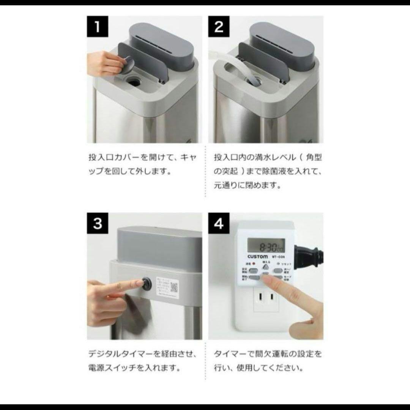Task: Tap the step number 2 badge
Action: [219, 28]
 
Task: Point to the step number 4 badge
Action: [219, 224]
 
